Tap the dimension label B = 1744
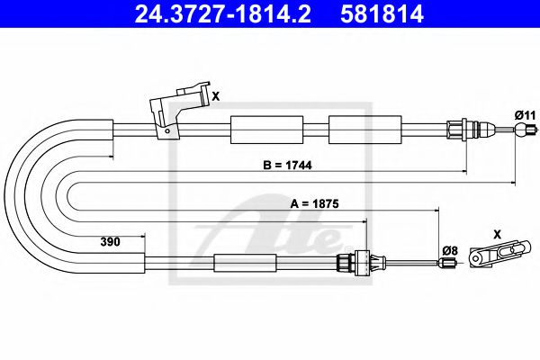tap(289, 166)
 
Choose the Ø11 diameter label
tap(525, 115)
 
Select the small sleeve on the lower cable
tap(242, 264)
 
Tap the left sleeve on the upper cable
tap(261, 130)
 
